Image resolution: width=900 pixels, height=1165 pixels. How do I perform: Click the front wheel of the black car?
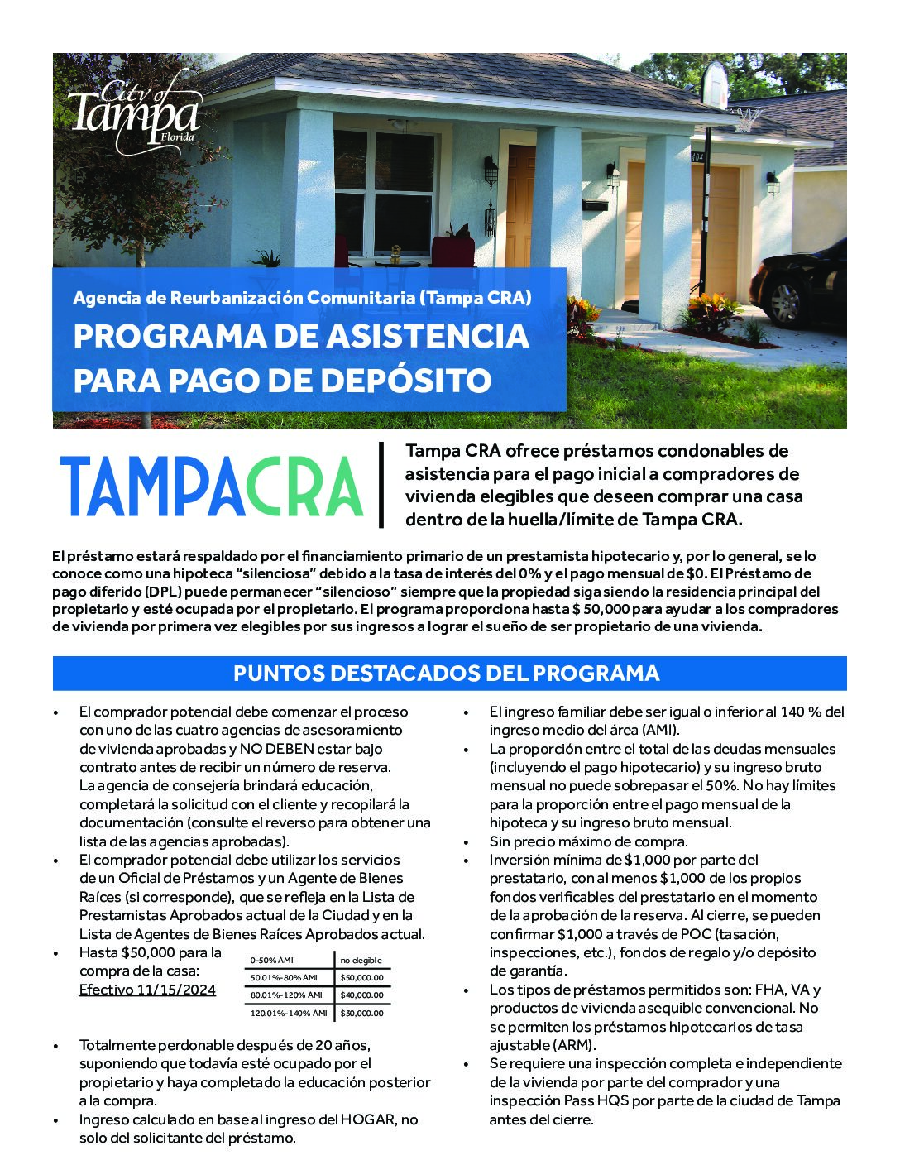(785, 302)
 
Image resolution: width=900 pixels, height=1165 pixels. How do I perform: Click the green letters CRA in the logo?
(304, 488)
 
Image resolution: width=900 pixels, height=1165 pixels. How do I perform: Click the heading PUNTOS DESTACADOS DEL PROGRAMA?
(447, 673)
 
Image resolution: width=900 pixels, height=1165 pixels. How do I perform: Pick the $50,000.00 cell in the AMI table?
(362, 977)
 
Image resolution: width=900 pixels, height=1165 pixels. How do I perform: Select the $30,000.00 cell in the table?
(362, 1013)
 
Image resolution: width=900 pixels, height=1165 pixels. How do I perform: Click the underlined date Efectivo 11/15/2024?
(147, 990)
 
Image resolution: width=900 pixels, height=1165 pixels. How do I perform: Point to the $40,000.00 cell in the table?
(362, 995)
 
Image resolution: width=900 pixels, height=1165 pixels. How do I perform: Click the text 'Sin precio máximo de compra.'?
(588, 841)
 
